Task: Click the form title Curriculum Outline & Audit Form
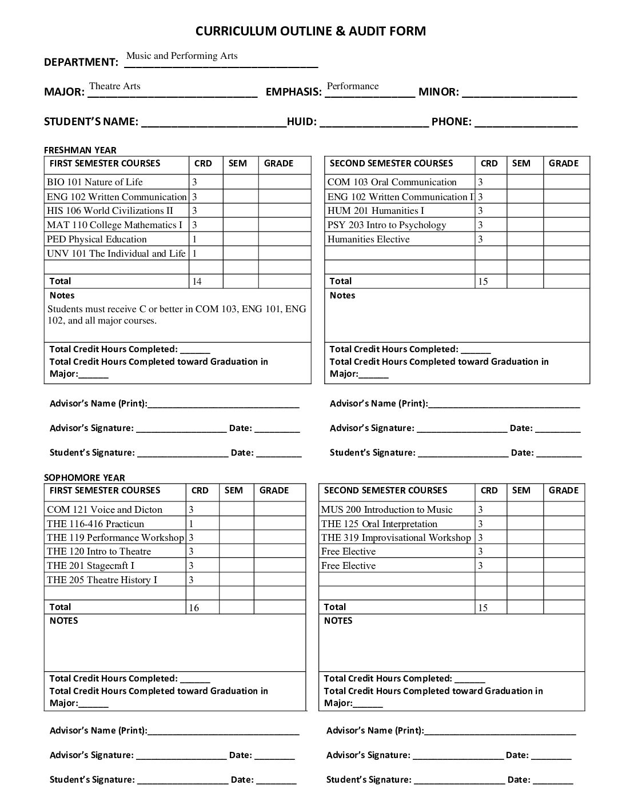tap(310, 31)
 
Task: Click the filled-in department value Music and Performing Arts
tap(182, 56)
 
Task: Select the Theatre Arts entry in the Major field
tap(115, 86)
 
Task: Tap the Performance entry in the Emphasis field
tap(353, 86)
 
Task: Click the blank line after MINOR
tap(519, 93)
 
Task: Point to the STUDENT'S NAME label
tap(91, 122)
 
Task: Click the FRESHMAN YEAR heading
tap(80, 150)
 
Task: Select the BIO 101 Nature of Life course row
tap(95, 182)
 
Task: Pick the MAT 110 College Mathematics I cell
tap(115, 225)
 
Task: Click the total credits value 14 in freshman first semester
tap(197, 281)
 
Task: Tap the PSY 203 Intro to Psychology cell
tap(386, 225)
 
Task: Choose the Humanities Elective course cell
tap(369, 240)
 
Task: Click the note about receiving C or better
tap(177, 315)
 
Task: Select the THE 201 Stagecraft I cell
tap(91, 566)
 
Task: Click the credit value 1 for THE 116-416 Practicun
tap(192, 524)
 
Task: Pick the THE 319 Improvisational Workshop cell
tap(396, 538)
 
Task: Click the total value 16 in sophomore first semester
tap(194, 608)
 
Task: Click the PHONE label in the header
tap(451, 122)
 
